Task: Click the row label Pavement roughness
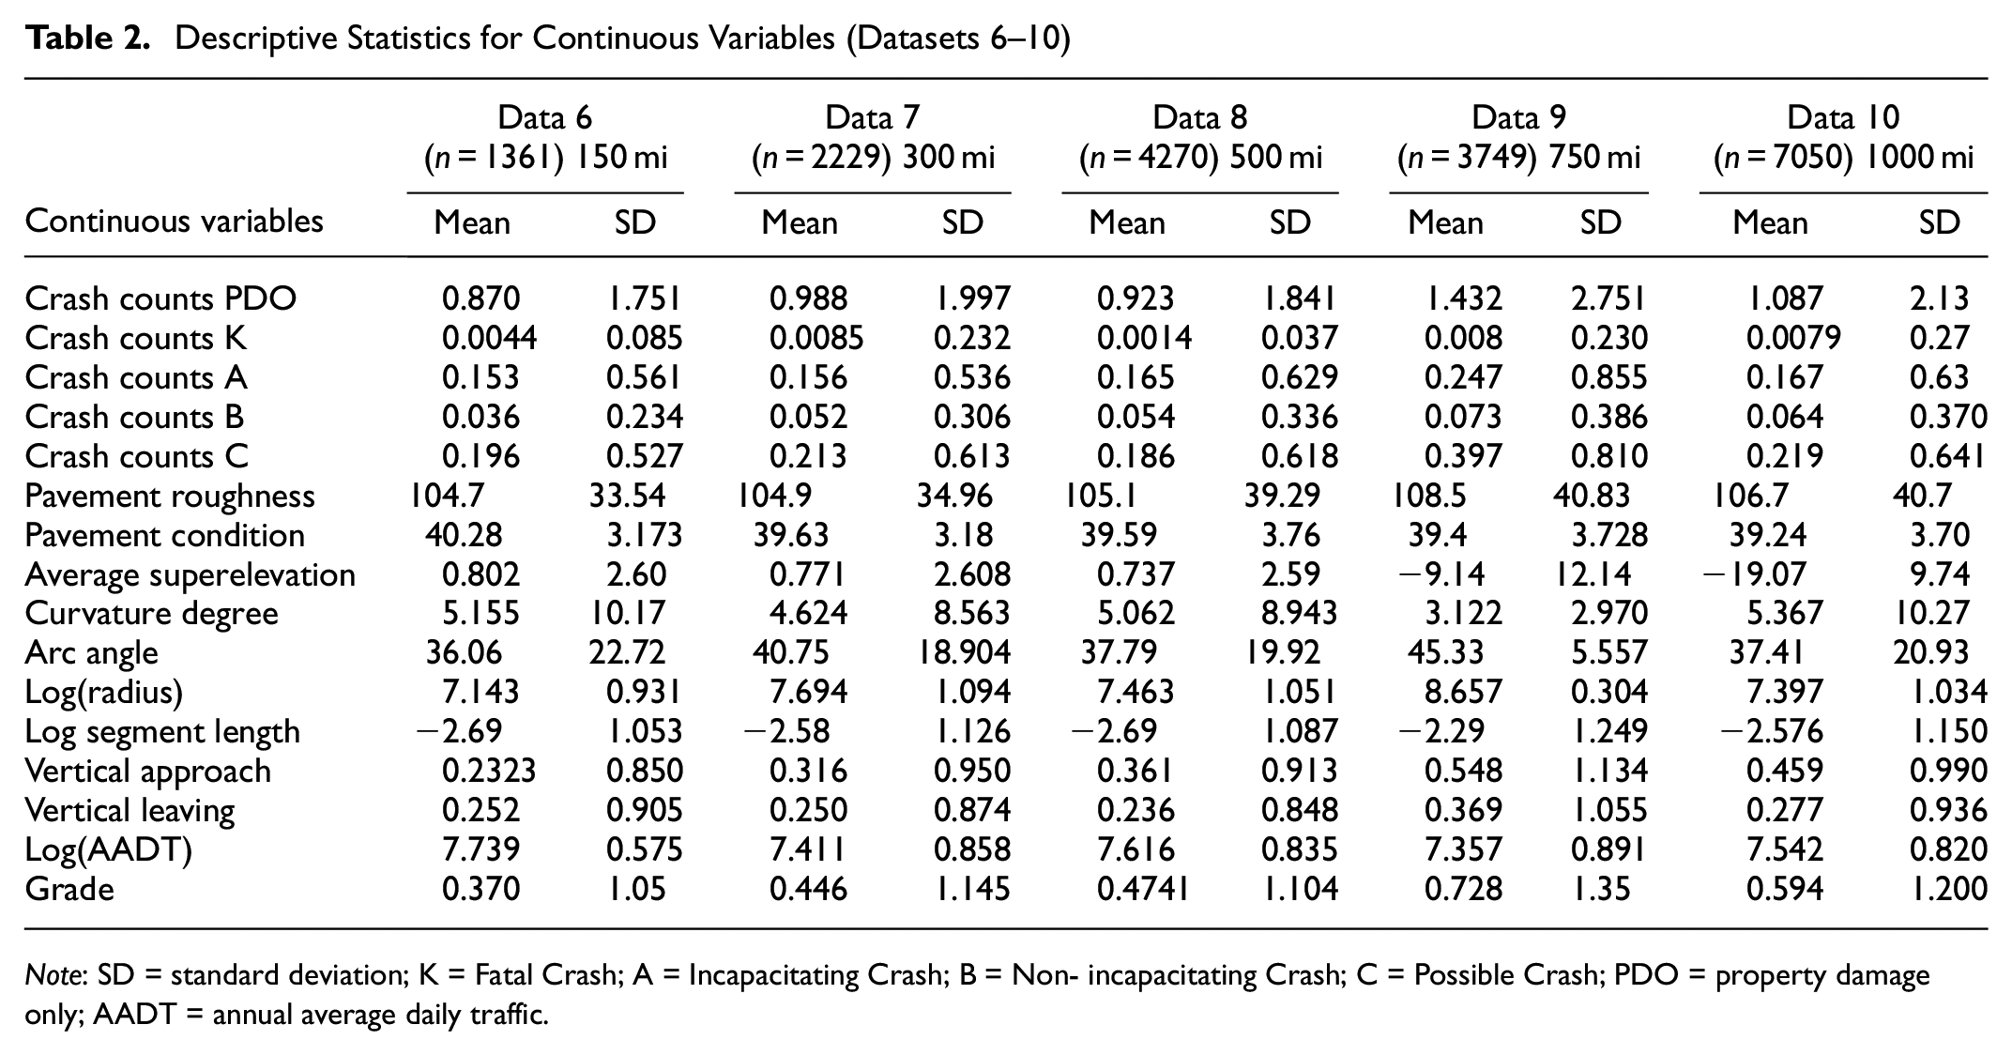(170, 496)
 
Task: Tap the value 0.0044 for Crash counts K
(490, 338)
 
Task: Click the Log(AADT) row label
(109, 849)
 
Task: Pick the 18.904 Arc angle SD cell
(964, 652)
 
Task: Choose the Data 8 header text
(1200, 116)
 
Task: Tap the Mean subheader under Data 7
(800, 222)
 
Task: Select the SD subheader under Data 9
(1601, 222)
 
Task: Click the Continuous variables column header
(175, 221)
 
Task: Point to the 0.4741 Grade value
(1143, 889)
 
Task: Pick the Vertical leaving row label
(130, 810)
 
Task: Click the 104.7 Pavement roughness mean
(447, 496)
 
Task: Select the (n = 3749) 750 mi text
(1519, 157)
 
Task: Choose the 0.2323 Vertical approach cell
(489, 771)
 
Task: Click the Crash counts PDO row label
(160, 298)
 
